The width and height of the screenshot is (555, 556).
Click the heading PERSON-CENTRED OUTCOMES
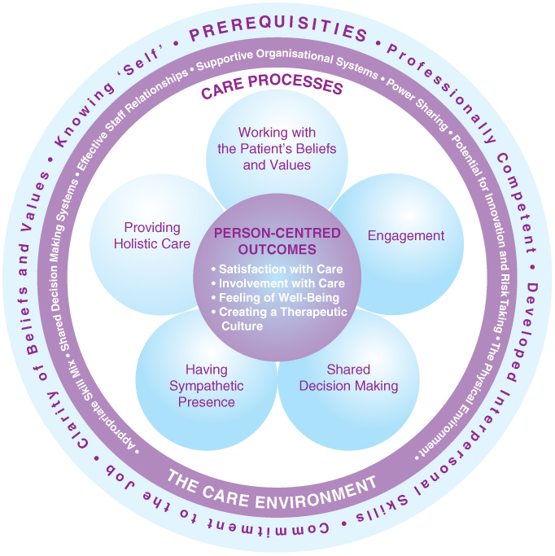tap(277, 240)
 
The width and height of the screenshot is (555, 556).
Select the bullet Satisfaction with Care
tap(277, 269)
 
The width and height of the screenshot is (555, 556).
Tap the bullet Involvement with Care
tap(277, 283)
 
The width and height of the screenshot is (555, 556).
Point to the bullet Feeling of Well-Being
tap(275, 298)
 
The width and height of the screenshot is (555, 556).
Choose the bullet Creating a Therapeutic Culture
tap(277, 318)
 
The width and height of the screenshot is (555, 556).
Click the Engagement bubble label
tap(406, 236)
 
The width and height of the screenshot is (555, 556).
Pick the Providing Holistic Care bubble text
tap(152, 235)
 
